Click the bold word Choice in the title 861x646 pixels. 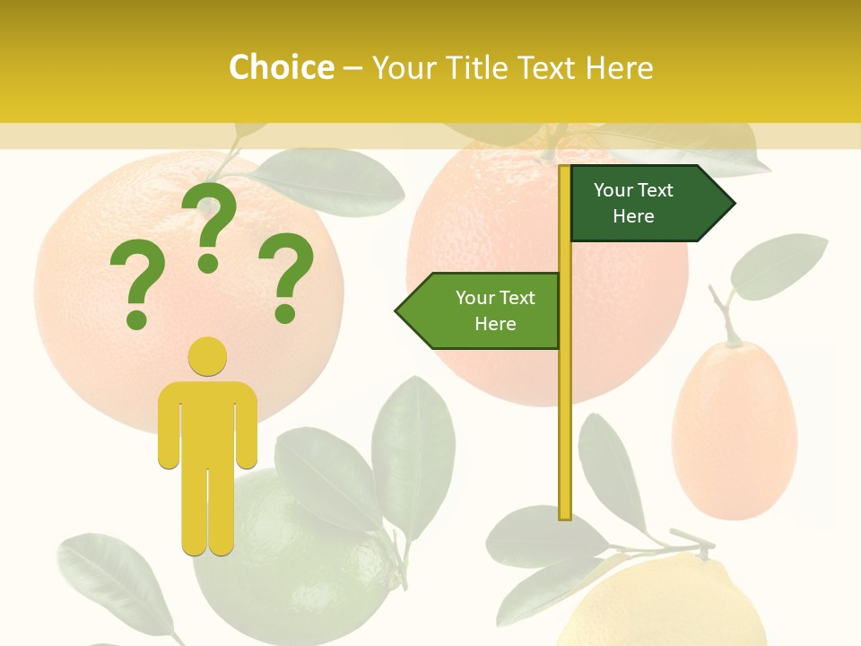click(281, 67)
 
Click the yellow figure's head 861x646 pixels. click(207, 356)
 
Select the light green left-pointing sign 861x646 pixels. click(484, 310)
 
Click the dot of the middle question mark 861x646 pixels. click(208, 263)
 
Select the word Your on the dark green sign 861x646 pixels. click(613, 190)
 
